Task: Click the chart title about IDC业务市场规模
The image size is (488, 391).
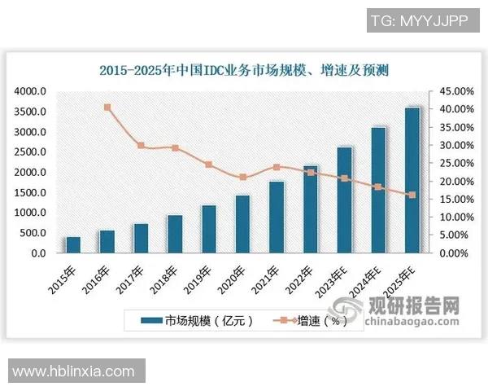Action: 244,71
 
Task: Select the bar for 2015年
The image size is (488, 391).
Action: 73,244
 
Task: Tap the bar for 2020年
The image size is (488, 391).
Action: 242,224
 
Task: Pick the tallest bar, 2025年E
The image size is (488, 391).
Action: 412,180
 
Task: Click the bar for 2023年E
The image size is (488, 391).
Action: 345,200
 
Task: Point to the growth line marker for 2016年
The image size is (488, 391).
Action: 107,107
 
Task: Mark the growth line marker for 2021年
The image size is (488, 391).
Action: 277,167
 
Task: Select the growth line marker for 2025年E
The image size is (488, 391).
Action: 412,195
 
